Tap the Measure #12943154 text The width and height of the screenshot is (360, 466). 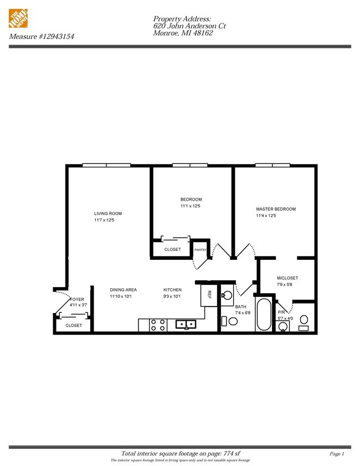click(42, 37)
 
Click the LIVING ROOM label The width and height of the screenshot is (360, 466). click(107, 213)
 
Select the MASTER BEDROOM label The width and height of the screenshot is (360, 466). click(275, 209)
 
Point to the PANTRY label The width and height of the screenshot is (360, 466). click(200, 250)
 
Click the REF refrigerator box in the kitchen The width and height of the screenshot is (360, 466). click(209, 294)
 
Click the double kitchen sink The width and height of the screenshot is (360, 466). click(186, 324)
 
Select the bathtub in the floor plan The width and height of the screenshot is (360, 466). click(264, 315)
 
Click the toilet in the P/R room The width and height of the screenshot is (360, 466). click(304, 322)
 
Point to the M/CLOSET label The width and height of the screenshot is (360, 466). click(287, 278)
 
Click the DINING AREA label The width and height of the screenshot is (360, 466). click(123, 290)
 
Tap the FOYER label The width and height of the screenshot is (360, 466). click(77, 299)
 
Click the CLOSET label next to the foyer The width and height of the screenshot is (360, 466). click(74, 325)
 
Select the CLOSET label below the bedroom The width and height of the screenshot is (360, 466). click(173, 249)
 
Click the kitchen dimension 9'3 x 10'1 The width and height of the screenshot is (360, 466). click(172, 296)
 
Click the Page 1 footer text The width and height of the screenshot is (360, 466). click(337, 454)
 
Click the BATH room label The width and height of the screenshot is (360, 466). click(240, 306)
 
